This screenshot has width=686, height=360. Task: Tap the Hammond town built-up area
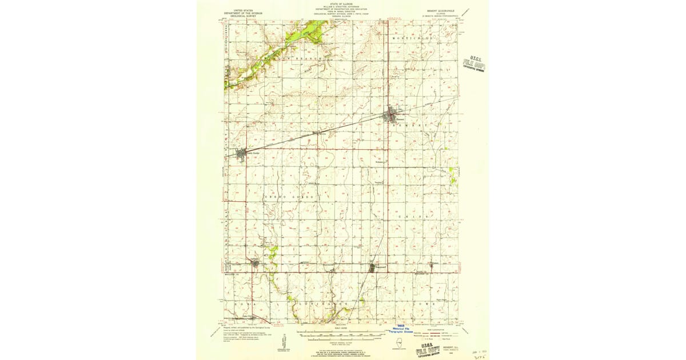click(x=372, y=267)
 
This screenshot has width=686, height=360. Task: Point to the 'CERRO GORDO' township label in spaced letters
click(x=289, y=197)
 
